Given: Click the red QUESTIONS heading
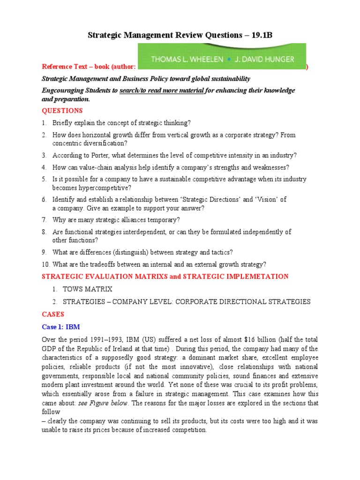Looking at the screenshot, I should [62, 111].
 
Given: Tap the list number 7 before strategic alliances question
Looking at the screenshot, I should [44, 220].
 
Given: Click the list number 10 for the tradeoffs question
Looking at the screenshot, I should [45, 264].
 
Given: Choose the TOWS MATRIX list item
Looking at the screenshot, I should [88, 289].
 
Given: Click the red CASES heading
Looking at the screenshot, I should [53, 314].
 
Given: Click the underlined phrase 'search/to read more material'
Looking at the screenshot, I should [161, 90].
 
